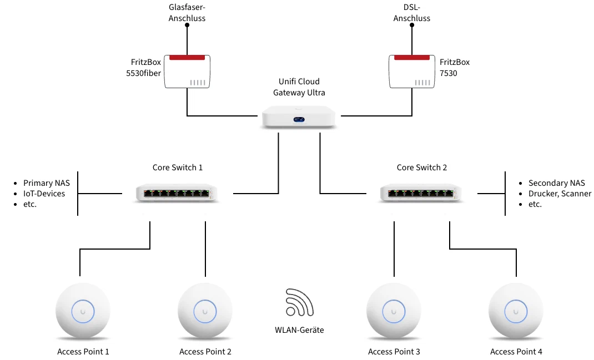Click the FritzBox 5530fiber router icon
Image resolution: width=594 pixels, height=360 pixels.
click(x=187, y=72)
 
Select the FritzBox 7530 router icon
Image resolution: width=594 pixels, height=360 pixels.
click(x=412, y=72)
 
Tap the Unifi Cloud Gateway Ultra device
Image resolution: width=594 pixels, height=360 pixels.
click(x=299, y=117)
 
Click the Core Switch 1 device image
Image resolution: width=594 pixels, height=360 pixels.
click(x=177, y=193)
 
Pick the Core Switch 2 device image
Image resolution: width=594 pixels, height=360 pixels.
click(x=421, y=193)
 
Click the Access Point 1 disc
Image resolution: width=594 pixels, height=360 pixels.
click(x=83, y=311)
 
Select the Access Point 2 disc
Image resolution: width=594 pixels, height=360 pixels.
click(x=205, y=311)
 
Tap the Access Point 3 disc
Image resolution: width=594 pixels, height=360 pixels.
click(x=394, y=311)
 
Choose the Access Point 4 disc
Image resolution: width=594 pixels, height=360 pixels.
click(x=516, y=311)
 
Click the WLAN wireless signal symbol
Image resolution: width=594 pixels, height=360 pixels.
click(x=299, y=302)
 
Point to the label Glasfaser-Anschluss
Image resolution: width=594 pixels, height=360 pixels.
click(x=187, y=13)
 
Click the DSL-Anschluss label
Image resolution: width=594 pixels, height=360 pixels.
click(x=412, y=13)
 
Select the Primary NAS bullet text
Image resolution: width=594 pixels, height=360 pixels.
click(x=47, y=183)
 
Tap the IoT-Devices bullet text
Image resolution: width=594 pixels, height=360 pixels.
click(x=44, y=194)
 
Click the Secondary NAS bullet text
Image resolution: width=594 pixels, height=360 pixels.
click(x=557, y=183)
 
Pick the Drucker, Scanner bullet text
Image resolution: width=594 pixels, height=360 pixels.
click(x=560, y=194)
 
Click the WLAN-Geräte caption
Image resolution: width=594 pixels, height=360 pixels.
click(x=299, y=329)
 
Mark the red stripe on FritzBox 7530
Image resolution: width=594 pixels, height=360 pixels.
click(x=412, y=58)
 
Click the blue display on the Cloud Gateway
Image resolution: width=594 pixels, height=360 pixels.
click(x=299, y=120)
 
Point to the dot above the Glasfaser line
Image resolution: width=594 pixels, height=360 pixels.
click(x=187, y=25)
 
